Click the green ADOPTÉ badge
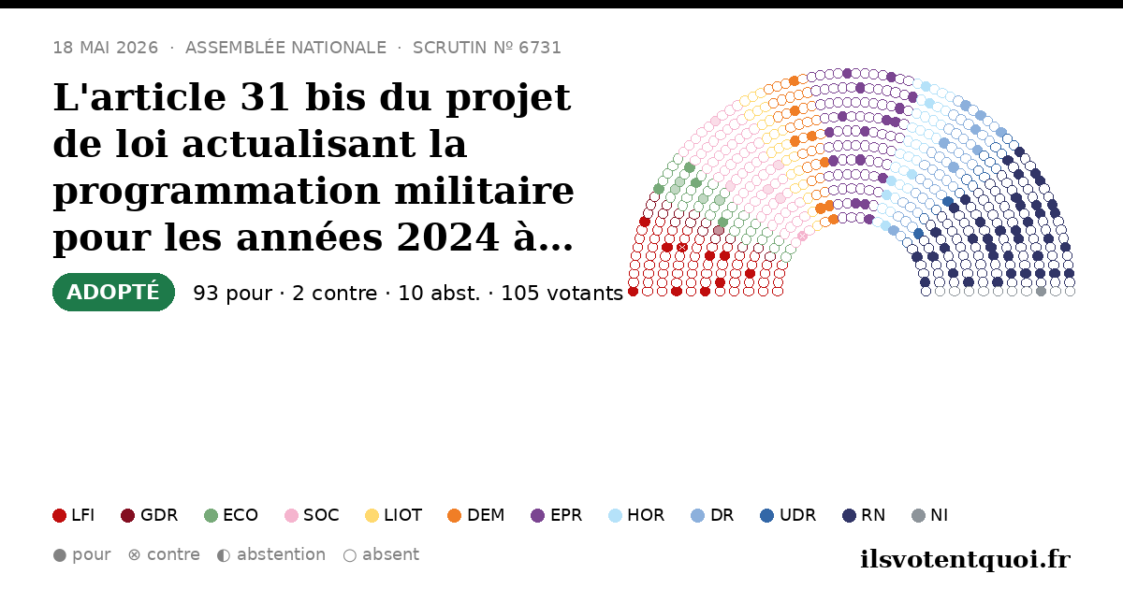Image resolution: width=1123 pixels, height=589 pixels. click(x=113, y=292)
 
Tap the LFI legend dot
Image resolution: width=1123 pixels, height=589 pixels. click(x=59, y=515)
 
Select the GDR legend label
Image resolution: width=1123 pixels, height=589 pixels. click(x=159, y=515)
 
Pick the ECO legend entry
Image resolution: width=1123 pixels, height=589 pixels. click(x=231, y=515)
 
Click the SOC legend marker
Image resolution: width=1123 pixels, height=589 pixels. click(x=291, y=515)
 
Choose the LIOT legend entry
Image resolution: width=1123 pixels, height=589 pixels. click(x=394, y=515)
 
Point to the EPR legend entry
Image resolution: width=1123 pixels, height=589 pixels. click(x=557, y=515)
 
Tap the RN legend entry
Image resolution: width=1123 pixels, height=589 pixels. click(x=864, y=515)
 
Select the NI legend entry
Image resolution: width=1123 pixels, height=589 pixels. click(x=930, y=515)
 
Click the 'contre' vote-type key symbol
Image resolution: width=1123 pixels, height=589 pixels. click(x=134, y=555)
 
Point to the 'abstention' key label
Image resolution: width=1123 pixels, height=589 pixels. click(x=282, y=554)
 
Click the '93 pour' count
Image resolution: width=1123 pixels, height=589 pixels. click(x=233, y=293)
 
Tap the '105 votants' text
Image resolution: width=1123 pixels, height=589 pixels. click(x=562, y=293)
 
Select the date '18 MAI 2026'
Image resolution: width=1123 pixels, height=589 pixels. click(x=106, y=48)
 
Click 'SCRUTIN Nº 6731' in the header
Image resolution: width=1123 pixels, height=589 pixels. click(x=487, y=48)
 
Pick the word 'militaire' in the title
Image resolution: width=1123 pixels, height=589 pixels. click(x=485, y=191)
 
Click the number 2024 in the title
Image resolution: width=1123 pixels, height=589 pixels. click(x=447, y=237)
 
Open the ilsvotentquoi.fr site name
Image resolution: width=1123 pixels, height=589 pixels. click(x=965, y=559)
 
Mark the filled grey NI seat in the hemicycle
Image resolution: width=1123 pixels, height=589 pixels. click(x=1041, y=291)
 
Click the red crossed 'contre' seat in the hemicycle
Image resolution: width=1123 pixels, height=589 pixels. click(x=682, y=248)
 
